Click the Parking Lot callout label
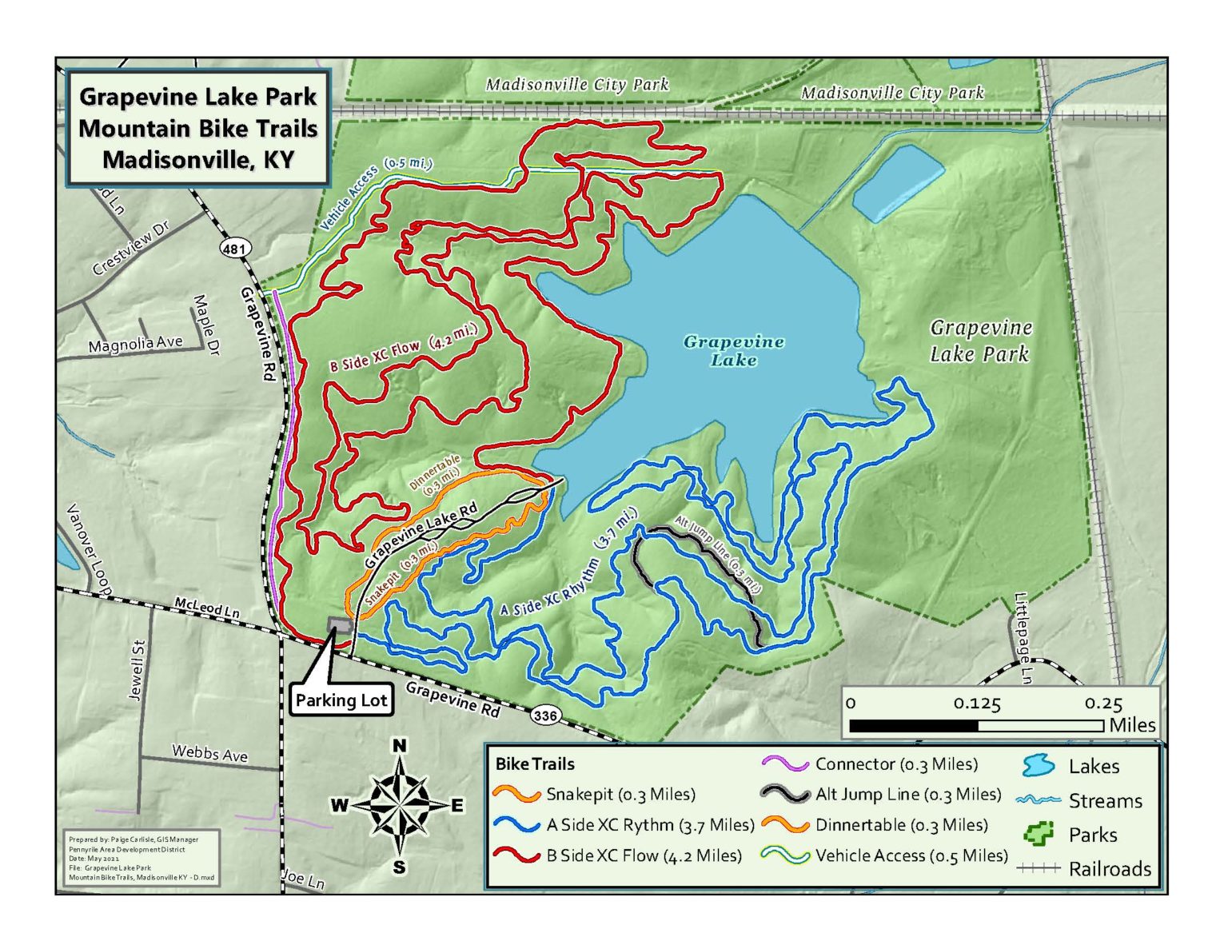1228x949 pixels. coord(341,700)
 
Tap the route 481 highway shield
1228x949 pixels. coord(233,249)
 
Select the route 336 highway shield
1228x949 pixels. coord(545,715)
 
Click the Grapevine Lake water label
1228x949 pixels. coord(733,351)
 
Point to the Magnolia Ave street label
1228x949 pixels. coord(135,345)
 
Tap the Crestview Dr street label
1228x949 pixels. coord(131,248)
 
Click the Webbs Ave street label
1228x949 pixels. coord(209,753)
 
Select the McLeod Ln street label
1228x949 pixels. coord(207,608)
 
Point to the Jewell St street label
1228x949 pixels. coord(136,670)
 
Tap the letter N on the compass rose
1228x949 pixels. coord(400,746)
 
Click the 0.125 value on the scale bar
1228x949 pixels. coord(976,704)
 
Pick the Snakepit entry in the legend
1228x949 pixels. coord(620,794)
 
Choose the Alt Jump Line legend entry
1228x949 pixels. coord(908,794)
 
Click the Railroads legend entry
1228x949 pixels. coord(1110,868)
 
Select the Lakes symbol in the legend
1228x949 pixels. coord(1039,766)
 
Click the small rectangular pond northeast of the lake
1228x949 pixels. coord(898,183)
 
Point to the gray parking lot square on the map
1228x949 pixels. coord(339,624)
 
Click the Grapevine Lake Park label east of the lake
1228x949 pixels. coord(980,341)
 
